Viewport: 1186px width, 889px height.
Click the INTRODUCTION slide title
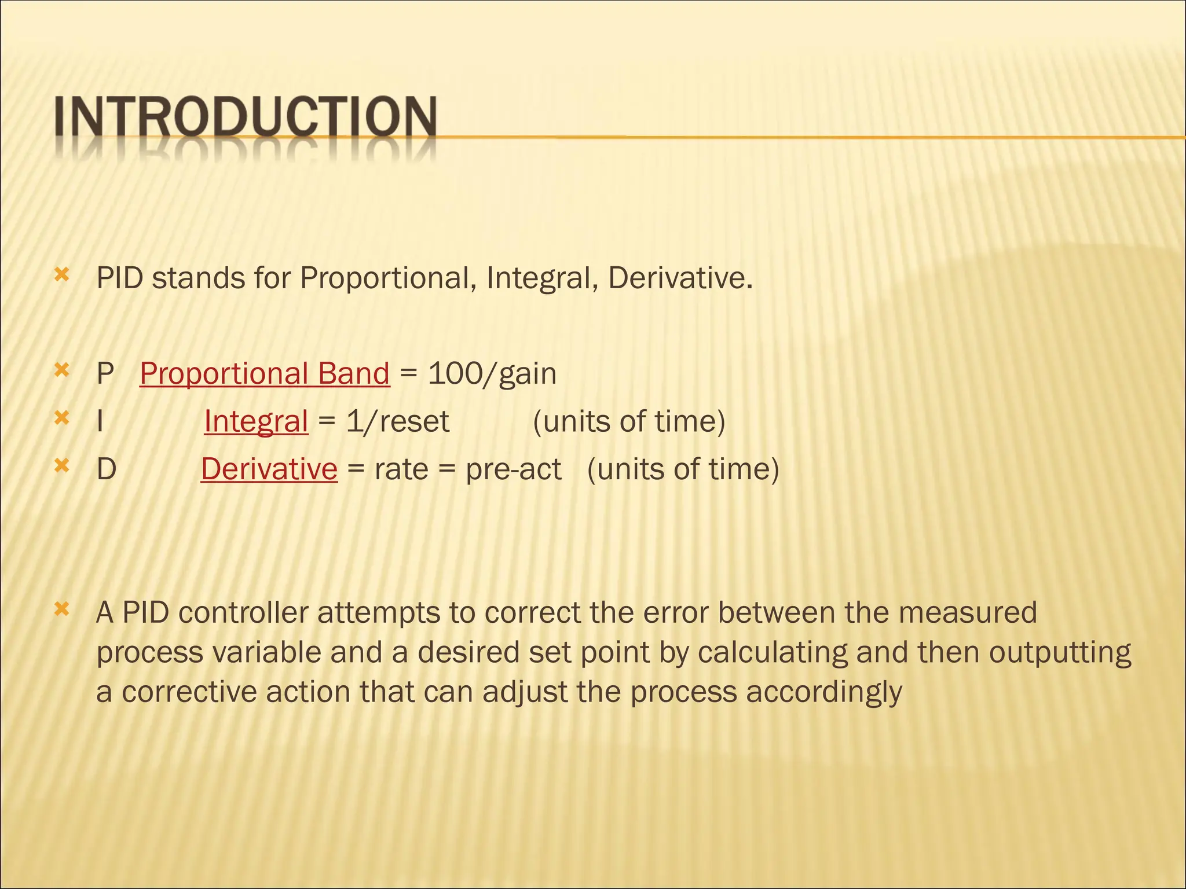click(x=246, y=118)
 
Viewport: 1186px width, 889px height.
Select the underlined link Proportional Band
click(x=265, y=374)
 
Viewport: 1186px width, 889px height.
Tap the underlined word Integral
click(x=256, y=421)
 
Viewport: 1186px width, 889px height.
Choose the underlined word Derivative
click(x=269, y=469)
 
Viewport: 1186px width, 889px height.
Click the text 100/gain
click(x=492, y=374)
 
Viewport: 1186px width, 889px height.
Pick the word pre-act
click(x=513, y=469)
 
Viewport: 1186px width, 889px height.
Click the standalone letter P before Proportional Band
click(x=105, y=374)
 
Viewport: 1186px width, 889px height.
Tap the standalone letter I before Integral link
click(x=100, y=421)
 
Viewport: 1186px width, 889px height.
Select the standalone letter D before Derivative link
click(x=107, y=469)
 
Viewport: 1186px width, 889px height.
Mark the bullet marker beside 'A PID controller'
click(x=61, y=609)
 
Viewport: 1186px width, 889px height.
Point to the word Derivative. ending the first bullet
click(x=680, y=279)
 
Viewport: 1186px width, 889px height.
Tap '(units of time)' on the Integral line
click(x=629, y=421)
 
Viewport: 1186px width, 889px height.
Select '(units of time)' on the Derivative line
click(x=683, y=469)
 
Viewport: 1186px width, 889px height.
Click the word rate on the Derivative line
click(x=401, y=469)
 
